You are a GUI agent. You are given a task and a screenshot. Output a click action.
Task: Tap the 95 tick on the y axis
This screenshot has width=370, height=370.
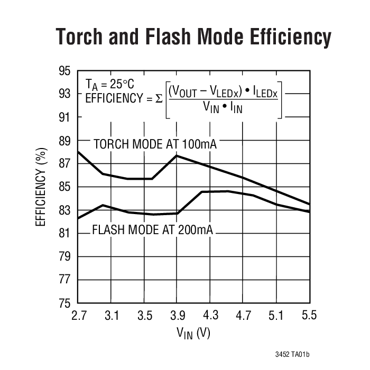point(63,71)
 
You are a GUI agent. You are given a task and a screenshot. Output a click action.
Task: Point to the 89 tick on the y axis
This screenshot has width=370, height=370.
point(63,141)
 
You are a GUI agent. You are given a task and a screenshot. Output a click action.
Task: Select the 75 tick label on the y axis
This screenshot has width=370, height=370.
point(63,303)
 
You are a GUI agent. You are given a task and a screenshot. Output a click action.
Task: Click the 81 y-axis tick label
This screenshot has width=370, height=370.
point(63,234)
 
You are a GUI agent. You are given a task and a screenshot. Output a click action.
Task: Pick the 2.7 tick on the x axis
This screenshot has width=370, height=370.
point(78,316)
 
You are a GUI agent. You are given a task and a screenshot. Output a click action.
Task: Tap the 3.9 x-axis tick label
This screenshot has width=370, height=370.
point(177,316)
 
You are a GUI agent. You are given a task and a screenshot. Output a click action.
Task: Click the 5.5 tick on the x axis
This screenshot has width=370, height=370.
point(309,316)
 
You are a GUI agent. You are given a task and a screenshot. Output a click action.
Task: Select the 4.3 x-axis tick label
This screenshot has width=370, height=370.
point(210,316)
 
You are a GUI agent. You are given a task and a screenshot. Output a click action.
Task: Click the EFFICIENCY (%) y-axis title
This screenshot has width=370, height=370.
point(41,187)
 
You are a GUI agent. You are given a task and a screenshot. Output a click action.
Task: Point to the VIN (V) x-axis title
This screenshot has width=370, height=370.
point(194,334)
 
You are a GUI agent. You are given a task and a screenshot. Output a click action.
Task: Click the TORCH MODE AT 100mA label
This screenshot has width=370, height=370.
point(155,144)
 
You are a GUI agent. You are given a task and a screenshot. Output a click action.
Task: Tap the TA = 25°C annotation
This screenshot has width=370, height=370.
point(110,84)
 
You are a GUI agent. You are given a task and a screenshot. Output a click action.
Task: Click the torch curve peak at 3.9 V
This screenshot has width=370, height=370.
point(177,155)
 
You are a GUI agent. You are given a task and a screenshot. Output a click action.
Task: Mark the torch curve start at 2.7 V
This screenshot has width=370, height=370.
point(78,152)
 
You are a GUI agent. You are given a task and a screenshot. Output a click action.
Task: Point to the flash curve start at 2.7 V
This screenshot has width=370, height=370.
point(78,218)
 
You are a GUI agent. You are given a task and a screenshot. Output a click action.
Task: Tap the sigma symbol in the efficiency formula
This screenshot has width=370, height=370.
point(160,98)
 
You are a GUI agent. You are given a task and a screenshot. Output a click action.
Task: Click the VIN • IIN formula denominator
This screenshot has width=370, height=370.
point(223,107)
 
